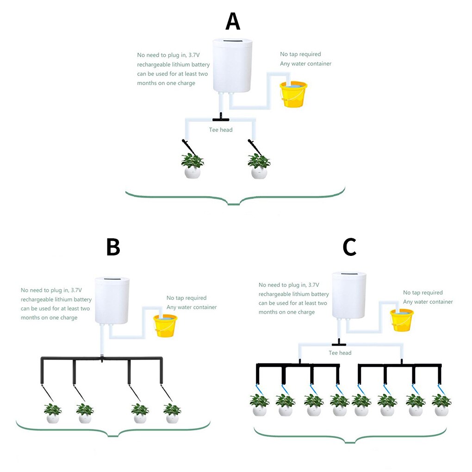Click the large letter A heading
pyautogui.click(x=233, y=22)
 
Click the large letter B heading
pyautogui.click(x=113, y=247)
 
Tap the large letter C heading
pyautogui.click(x=349, y=247)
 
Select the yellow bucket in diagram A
pyautogui.click(x=294, y=94)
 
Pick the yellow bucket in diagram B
pyautogui.click(x=165, y=325)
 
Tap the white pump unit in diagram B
pyautogui.click(x=112, y=301)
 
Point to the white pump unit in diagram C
pyautogui.click(x=349, y=295)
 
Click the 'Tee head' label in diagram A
pyautogui.click(x=221, y=130)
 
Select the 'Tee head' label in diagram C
pyautogui.click(x=340, y=353)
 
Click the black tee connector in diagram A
pyautogui.click(x=221, y=118)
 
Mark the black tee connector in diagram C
pyautogui.click(x=339, y=343)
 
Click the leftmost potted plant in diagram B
pyautogui.click(x=53, y=413)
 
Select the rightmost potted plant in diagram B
pyautogui.click(x=172, y=413)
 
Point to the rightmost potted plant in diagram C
pyautogui.click(x=441, y=405)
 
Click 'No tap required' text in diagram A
pyautogui.click(x=300, y=54)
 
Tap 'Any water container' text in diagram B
pyautogui.click(x=192, y=307)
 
